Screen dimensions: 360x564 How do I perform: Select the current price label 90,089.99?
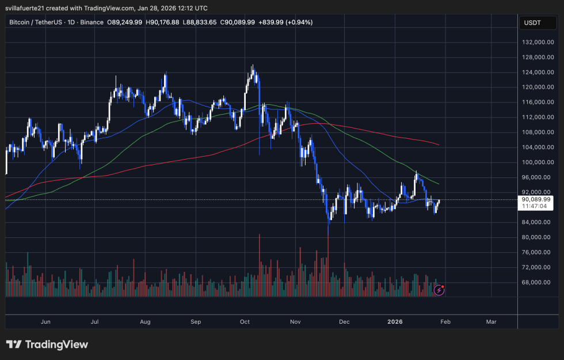(536, 199)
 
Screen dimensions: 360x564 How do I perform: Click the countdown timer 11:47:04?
(536, 206)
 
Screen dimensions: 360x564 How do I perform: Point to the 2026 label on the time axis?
(395, 322)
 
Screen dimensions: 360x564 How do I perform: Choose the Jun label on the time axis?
(46, 322)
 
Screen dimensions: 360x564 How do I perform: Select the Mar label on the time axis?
(491, 322)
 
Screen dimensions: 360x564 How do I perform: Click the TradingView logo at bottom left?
(47, 344)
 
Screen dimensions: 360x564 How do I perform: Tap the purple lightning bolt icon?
(439, 290)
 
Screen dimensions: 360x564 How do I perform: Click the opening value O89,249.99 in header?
(125, 22)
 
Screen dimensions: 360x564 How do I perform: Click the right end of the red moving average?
(440, 145)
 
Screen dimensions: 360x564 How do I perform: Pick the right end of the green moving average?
(440, 184)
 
